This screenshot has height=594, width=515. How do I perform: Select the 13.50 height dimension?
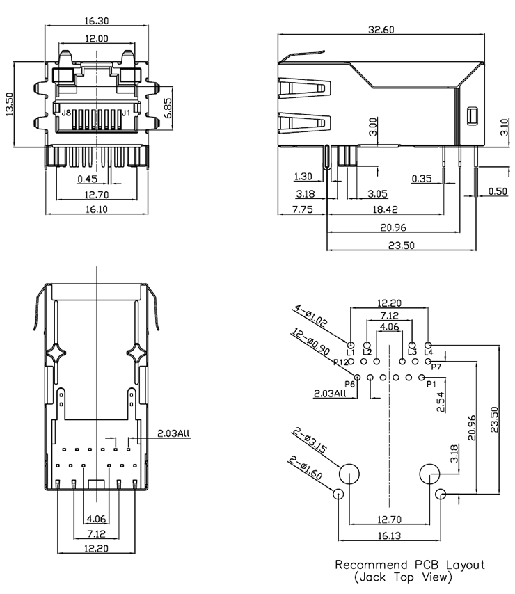pos(10,105)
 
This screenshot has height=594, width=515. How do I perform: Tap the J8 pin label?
pos(65,113)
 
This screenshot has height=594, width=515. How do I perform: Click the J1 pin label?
pos(126,113)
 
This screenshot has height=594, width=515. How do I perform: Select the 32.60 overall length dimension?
pos(381,29)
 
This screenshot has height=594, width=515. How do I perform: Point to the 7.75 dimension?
pos(302,209)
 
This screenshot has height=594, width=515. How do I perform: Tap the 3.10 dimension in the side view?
pos(503,127)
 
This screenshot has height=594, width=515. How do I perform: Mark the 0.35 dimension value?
pos(421,178)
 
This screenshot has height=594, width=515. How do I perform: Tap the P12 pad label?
pos(340,362)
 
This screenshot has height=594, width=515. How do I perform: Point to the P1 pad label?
pos(429,383)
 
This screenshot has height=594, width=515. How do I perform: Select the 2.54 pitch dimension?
pos(441,403)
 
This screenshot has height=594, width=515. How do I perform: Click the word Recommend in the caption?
pos(368,565)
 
